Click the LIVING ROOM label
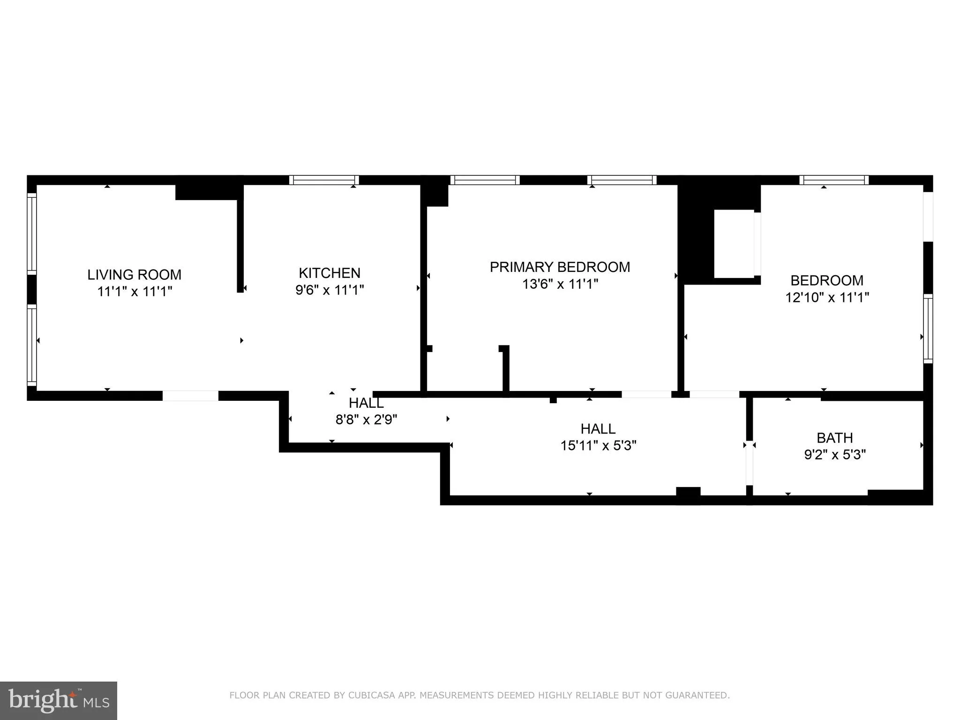[134, 275]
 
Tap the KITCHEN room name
[330, 273]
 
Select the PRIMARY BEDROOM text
[560, 267]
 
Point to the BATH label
[834, 438]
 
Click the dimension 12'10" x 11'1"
[827, 298]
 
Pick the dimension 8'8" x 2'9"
[366, 420]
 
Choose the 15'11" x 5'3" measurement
[598, 445]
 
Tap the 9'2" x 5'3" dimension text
[834, 455]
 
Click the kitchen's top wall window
[323, 180]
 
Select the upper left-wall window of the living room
[31, 233]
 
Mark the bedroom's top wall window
[833, 180]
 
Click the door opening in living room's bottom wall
[190, 396]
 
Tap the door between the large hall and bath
[749, 463]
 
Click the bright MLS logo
[59, 700]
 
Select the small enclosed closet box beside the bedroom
[734, 244]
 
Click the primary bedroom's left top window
[485, 180]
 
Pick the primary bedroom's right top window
[622, 180]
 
